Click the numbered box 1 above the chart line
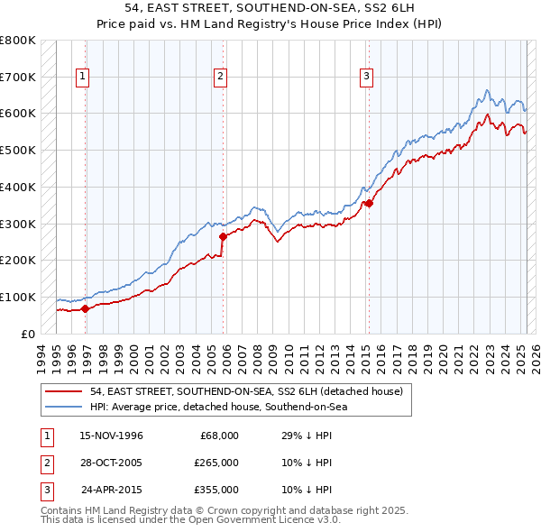[x=82, y=78]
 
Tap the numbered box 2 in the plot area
[x=220, y=78]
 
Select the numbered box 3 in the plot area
[x=367, y=78]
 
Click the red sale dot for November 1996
[x=86, y=308]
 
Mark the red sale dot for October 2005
[x=224, y=236]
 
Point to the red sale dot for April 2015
[x=369, y=204]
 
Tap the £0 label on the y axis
[x=26, y=334]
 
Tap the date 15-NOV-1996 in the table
[x=112, y=436]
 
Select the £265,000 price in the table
[x=216, y=463]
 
